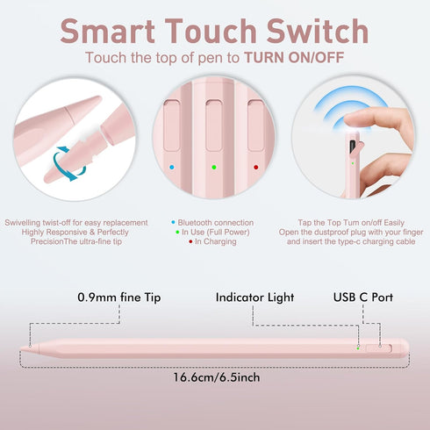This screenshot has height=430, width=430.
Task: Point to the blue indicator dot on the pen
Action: (x=171, y=166)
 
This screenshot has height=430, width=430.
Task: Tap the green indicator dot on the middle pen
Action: (x=213, y=166)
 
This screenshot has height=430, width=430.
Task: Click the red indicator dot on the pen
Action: (x=255, y=166)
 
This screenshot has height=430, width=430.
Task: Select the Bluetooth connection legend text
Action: (x=216, y=223)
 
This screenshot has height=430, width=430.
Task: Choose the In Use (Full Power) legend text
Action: (x=216, y=233)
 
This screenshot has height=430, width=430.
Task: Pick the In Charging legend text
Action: (x=216, y=241)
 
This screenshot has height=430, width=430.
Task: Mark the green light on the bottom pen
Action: (x=359, y=348)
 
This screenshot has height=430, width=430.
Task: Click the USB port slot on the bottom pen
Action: (x=376, y=348)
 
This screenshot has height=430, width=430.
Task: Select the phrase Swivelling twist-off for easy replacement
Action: (x=75, y=223)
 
